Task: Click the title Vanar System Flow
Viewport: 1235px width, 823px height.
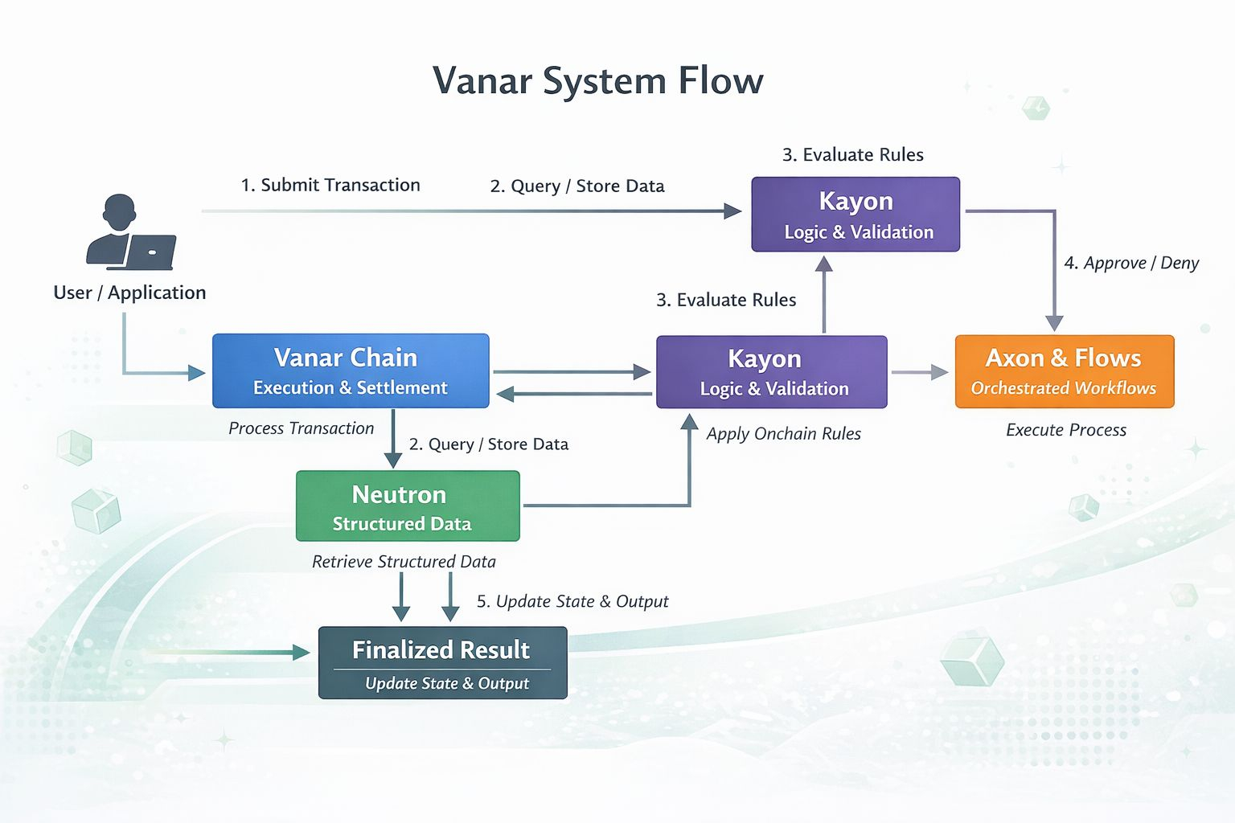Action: [x=597, y=81]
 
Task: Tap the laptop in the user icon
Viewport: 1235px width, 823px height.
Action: [x=150, y=252]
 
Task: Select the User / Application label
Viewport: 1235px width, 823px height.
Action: [x=129, y=293]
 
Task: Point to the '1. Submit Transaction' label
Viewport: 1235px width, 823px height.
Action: [x=330, y=186]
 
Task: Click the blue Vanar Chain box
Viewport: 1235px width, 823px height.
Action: [x=351, y=371]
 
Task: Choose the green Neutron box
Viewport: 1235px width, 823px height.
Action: [x=408, y=506]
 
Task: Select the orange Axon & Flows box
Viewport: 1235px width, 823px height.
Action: [x=1064, y=371]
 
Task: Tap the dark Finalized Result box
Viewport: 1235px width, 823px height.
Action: [x=442, y=663]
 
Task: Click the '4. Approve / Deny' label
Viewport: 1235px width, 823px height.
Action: [x=1130, y=264]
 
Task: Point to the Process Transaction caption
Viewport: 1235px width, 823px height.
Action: [x=301, y=428]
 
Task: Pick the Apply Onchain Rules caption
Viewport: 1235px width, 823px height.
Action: [x=783, y=434]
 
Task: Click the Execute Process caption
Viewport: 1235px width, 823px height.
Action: [x=1065, y=430]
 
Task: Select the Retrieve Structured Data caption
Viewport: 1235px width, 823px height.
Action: [x=404, y=562]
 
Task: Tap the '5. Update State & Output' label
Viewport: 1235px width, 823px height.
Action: [x=572, y=601]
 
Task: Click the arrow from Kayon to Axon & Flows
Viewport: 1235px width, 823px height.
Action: [x=920, y=372]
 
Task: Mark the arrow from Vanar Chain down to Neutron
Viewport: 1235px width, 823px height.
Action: [x=392, y=438]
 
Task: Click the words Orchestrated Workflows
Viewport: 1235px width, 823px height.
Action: [x=1063, y=388]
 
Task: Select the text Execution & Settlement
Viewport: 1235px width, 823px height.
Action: [x=350, y=388]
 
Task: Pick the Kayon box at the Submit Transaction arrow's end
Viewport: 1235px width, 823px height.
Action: [x=855, y=215]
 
